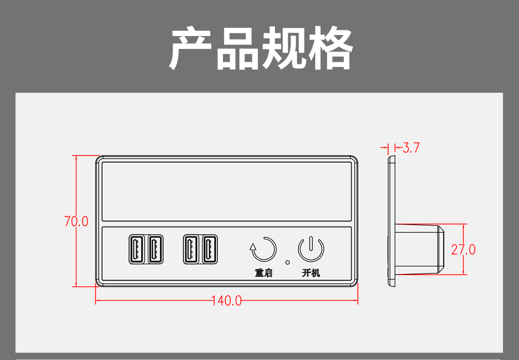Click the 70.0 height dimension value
[x=76, y=221]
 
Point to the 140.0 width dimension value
[x=227, y=301]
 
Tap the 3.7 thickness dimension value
[x=411, y=148]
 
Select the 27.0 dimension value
[x=463, y=250]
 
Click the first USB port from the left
[x=136, y=249]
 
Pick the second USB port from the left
[x=155, y=249]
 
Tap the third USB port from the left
[x=191, y=249]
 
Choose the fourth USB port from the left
[x=209, y=249]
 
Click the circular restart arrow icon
[x=263, y=249]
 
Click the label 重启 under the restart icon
[x=263, y=273]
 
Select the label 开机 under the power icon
[x=311, y=273]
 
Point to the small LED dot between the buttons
[x=287, y=262]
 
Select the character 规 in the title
[x=284, y=49]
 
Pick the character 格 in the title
[x=330, y=49]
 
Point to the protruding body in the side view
[x=420, y=249]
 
